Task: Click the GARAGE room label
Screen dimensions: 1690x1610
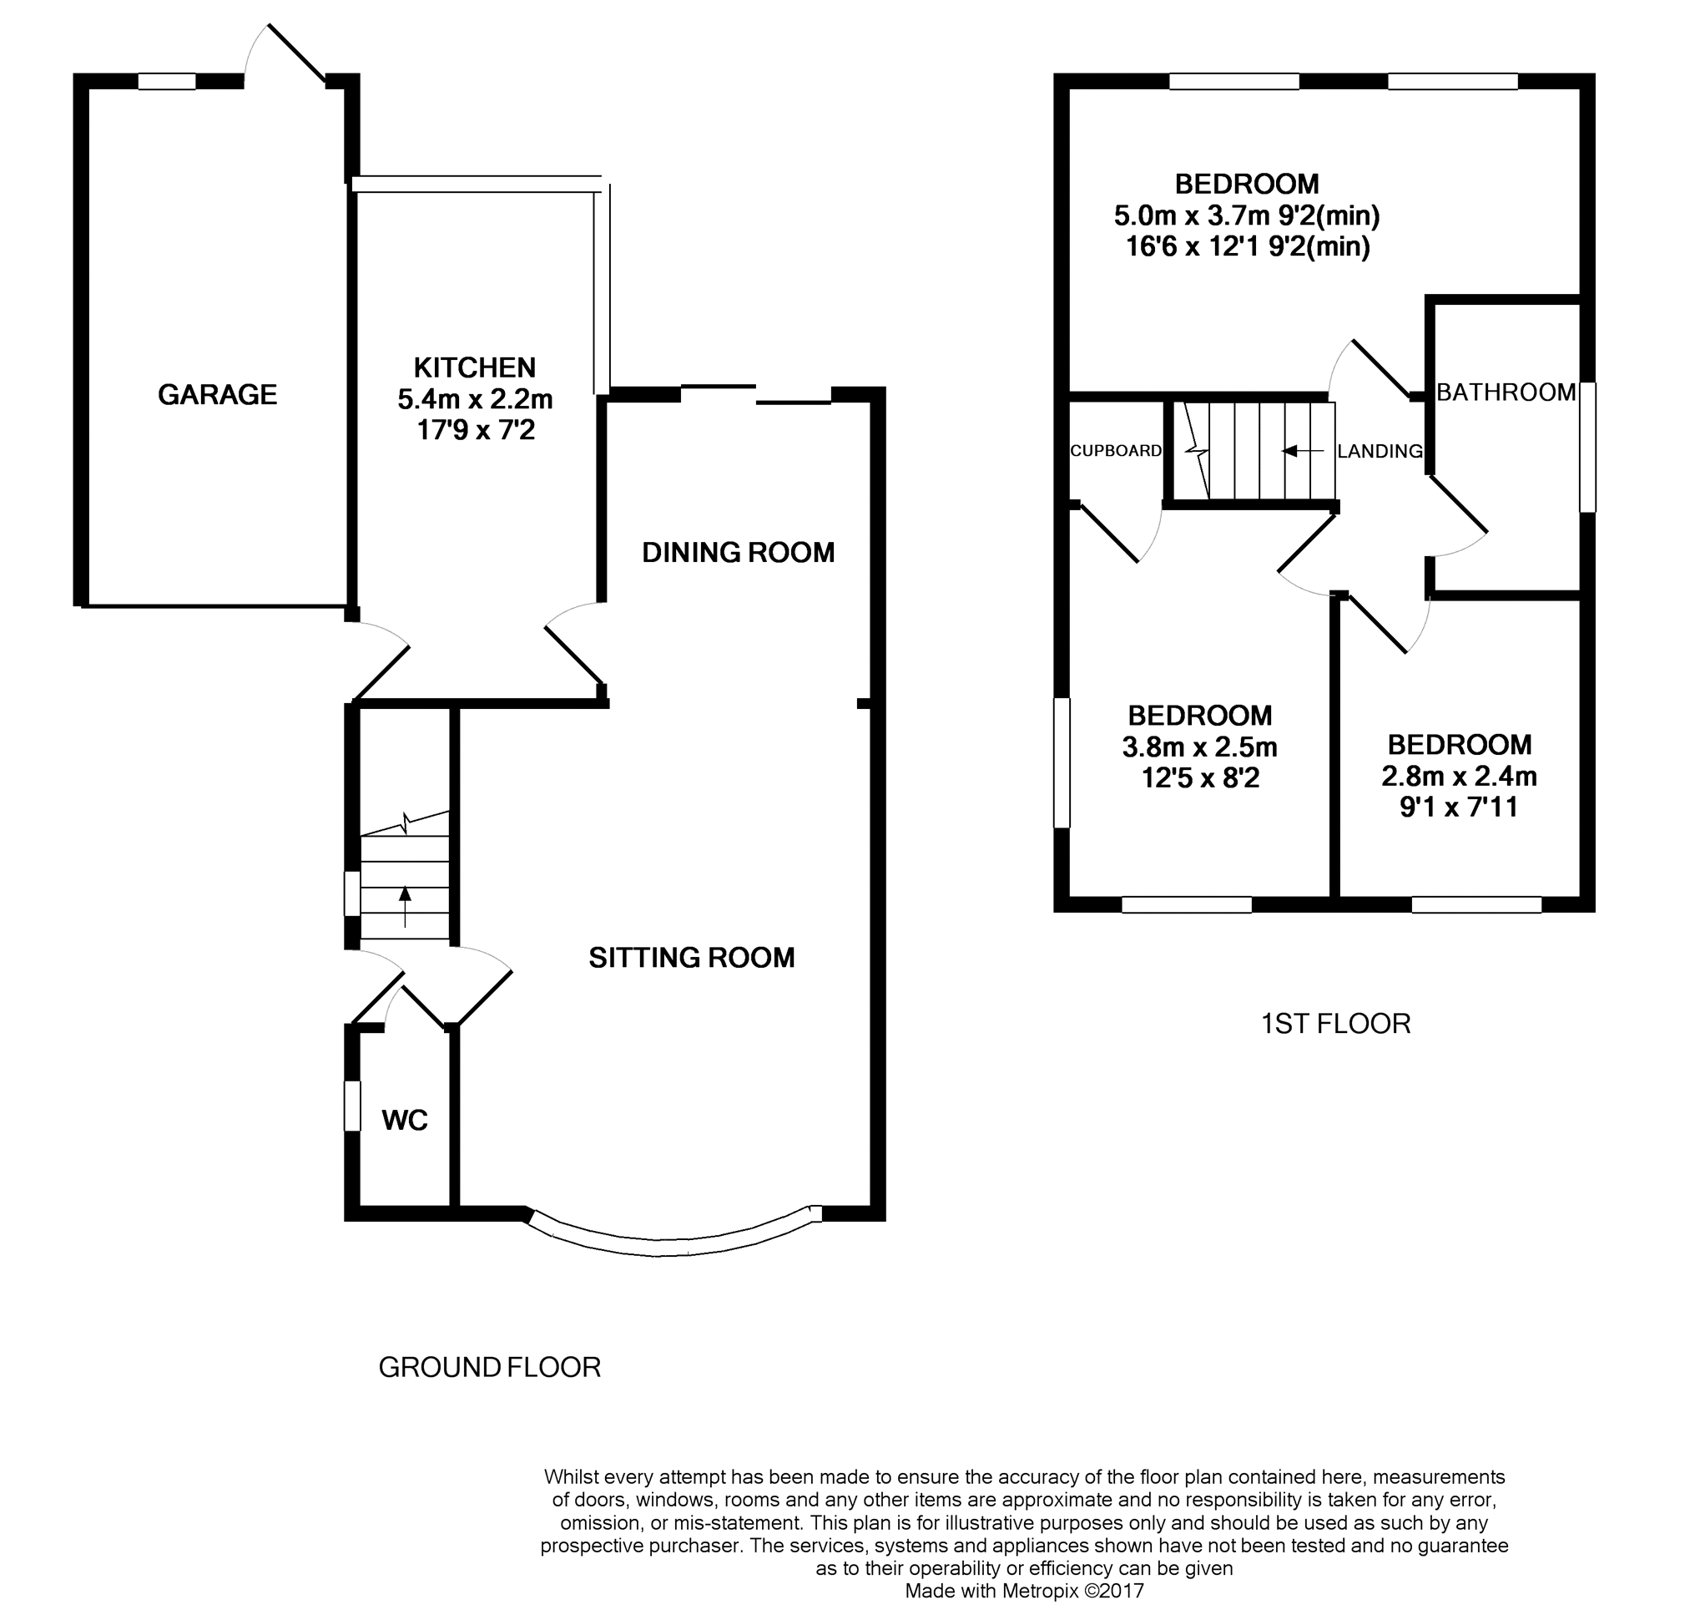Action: pyautogui.click(x=217, y=395)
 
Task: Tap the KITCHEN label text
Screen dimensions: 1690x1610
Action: pyautogui.click(x=474, y=367)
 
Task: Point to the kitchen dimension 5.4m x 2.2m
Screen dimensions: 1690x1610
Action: pyautogui.click(x=474, y=399)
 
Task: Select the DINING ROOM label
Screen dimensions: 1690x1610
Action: pyautogui.click(x=738, y=552)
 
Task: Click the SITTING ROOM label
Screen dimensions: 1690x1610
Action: pyautogui.click(x=692, y=957)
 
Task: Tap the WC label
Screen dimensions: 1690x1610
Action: pyautogui.click(x=404, y=1120)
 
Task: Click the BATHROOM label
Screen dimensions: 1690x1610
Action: pyautogui.click(x=1506, y=392)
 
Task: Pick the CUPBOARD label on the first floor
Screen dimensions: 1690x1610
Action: pyautogui.click(x=1116, y=451)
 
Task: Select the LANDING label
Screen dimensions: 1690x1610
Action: pyautogui.click(x=1380, y=451)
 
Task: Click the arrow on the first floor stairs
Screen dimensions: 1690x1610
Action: pyautogui.click(x=1302, y=451)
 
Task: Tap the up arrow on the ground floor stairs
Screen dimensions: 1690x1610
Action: pyautogui.click(x=404, y=907)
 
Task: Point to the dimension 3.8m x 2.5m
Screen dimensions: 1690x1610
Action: pyautogui.click(x=1199, y=747)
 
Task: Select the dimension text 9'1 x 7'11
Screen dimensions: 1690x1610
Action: pyautogui.click(x=1458, y=807)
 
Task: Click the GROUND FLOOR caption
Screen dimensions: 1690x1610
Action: pyautogui.click(x=489, y=1367)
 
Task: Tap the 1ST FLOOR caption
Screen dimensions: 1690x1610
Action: pyautogui.click(x=1334, y=1024)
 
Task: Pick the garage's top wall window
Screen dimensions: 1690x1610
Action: pyautogui.click(x=166, y=82)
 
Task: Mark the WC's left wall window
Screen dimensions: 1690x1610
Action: pyautogui.click(x=351, y=1106)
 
